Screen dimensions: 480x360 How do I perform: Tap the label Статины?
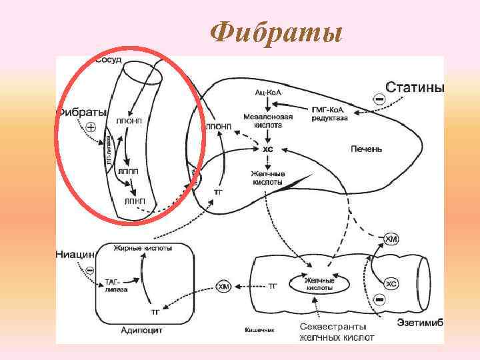tap(415, 88)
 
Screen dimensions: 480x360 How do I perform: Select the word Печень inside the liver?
tap(366, 149)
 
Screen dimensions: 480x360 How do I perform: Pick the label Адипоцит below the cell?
tap(141, 329)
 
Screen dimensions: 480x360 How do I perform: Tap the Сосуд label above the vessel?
tap(109, 61)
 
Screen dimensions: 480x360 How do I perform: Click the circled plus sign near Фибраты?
tap(91, 126)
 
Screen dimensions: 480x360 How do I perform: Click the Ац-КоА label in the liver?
tap(268, 91)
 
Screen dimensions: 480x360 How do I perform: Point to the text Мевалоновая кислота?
tap(267, 120)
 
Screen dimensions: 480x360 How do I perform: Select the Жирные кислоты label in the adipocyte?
tap(143, 247)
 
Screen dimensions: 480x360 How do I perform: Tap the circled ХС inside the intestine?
tap(391, 284)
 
